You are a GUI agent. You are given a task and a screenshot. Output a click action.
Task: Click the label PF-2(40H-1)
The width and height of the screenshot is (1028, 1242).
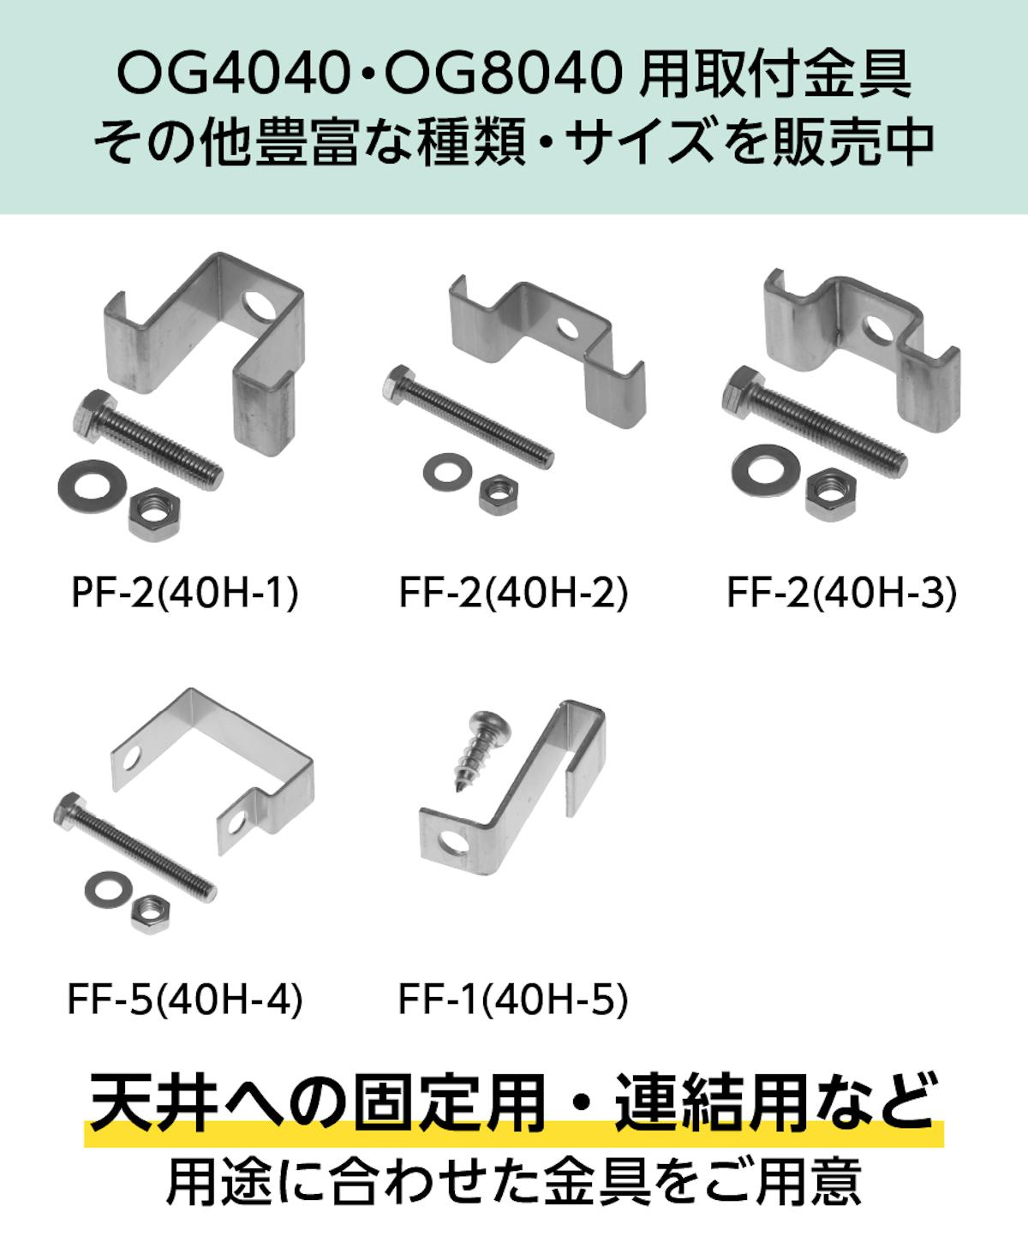[184, 594]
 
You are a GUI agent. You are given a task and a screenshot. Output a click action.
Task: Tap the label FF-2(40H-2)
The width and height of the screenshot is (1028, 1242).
[514, 594]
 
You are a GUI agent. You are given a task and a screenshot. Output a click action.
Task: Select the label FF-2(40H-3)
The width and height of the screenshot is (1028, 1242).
[842, 594]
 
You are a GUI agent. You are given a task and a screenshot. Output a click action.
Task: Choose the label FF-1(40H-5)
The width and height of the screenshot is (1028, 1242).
[513, 1000]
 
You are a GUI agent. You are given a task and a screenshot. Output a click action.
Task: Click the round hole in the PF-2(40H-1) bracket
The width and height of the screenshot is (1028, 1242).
[260, 305]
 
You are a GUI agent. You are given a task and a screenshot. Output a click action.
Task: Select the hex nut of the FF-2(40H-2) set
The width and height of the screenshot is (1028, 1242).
[499, 493]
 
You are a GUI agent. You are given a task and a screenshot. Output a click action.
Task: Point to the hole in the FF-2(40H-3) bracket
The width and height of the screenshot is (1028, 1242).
[877, 331]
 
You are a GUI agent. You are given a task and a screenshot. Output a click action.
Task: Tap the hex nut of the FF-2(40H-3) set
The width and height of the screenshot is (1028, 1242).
[832, 493]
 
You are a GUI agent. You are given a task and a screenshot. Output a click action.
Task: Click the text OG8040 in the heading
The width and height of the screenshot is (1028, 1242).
[502, 76]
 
